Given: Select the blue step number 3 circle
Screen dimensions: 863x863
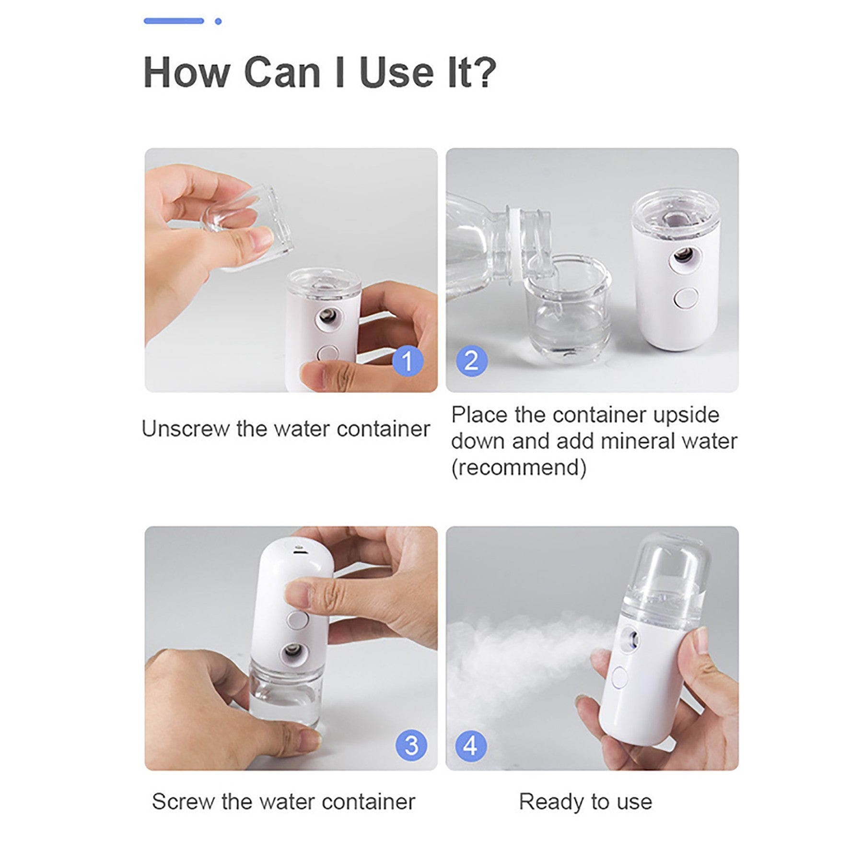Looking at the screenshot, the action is [x=411, y=746].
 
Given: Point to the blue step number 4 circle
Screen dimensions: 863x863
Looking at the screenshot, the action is [x=471, y=746].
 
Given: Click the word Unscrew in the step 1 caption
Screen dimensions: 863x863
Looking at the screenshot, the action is [x=186, y=429].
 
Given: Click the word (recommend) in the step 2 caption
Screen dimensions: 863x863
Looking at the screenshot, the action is [x=519, y=467].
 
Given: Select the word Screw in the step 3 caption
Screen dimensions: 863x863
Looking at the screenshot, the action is [x=183, y=802].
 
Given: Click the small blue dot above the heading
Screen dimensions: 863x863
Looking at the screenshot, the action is [x=218, y=21].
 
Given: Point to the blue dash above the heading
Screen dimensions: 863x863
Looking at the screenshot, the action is [x=174, y=21].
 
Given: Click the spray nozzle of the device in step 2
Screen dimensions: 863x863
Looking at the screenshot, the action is [x=683, y=259].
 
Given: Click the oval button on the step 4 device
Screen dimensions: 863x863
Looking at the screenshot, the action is [x=619, y=677].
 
